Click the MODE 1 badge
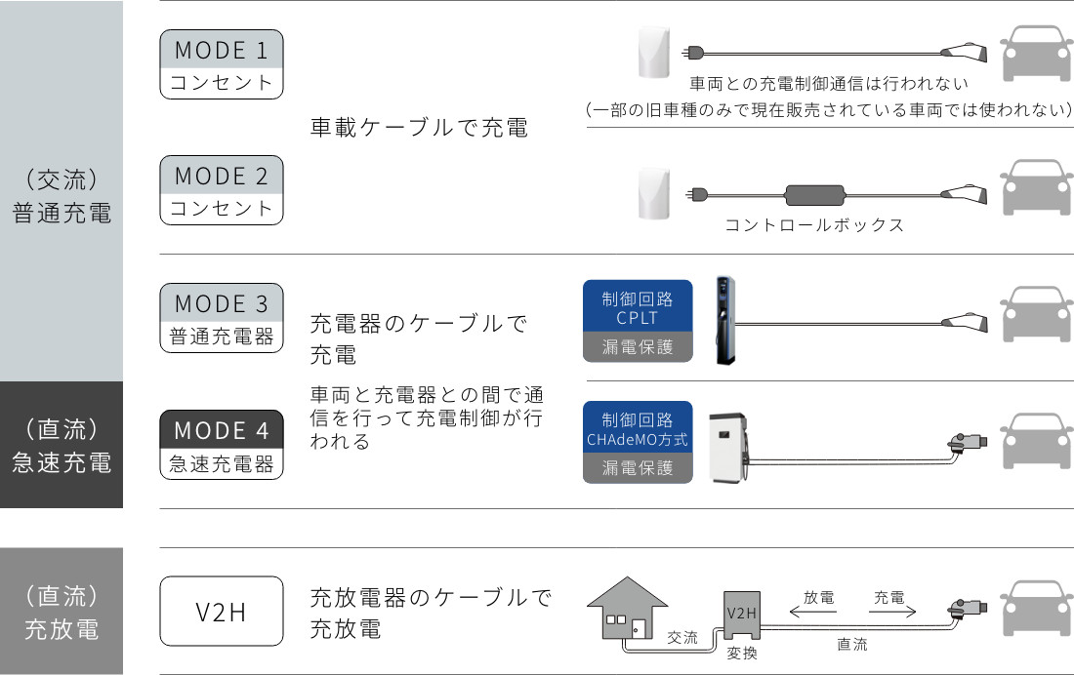[222, 63]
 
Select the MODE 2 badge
[222, 190]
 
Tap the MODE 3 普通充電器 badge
[222, 318]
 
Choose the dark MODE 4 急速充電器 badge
[222, 445]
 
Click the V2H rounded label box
[222, 612]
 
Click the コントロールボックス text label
[814, 225]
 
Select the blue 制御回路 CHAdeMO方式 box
[637, 428]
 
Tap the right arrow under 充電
[889, 615]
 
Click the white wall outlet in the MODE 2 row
[653, 193]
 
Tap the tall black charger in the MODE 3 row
[724, 319]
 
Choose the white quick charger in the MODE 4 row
[730, 445]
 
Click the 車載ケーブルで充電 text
[419, 128]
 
